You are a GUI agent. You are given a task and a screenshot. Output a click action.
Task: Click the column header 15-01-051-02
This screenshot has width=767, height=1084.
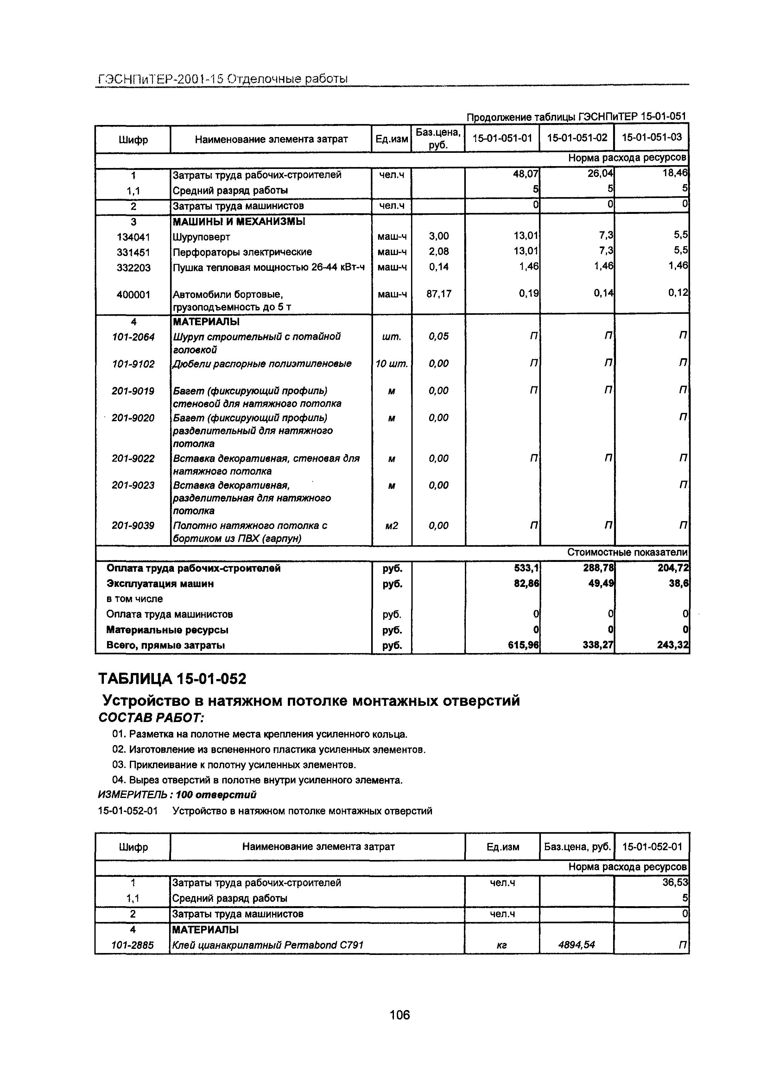coord(577,138)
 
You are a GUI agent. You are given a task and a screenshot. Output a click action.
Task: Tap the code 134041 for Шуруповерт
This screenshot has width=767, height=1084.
coord(133,237)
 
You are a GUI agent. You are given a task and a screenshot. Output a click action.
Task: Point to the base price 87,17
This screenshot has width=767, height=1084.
coord(439,294)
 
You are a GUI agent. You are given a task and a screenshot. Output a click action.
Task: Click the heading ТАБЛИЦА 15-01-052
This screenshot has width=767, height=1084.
coord(172,679)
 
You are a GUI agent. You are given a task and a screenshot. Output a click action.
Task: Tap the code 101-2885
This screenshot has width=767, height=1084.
coord(133,945)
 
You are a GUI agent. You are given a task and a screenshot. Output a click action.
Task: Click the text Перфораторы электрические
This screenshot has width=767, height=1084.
coord(242,252)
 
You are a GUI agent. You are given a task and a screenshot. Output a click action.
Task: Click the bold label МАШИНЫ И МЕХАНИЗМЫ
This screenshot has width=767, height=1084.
coord(239,221)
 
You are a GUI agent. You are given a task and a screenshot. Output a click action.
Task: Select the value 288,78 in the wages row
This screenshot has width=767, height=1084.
coord(598,568)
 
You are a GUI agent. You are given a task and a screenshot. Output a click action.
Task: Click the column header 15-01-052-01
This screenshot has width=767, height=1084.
coord(652,846)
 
